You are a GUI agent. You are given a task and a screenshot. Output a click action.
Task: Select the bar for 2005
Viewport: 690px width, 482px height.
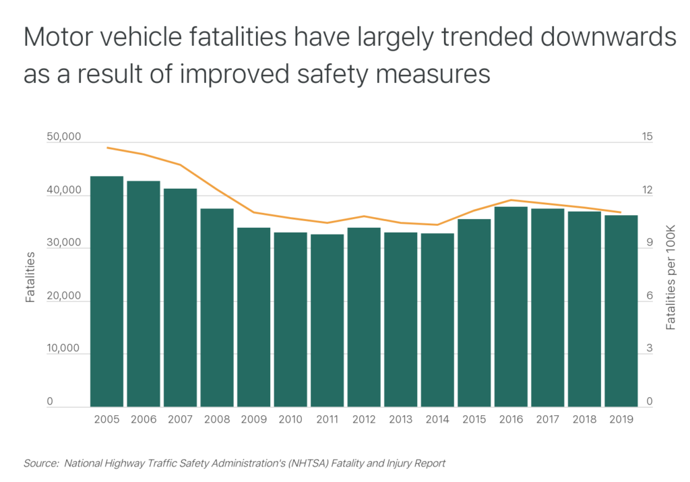pos(106,291)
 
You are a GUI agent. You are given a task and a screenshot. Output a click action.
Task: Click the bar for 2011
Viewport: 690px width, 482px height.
pos(327,320)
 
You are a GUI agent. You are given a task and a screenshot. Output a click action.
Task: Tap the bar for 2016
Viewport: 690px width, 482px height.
pos(511,307)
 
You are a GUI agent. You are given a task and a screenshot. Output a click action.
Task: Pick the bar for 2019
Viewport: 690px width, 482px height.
pos(621,311)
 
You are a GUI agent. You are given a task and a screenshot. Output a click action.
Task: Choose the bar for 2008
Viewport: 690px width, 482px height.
pos(217,307)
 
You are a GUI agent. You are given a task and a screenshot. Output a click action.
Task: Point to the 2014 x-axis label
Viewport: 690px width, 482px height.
pos(437,419)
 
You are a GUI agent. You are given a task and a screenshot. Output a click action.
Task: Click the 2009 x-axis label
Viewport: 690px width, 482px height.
pos(253,419)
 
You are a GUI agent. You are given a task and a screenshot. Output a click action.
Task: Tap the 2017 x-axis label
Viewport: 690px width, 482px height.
pos(547,419)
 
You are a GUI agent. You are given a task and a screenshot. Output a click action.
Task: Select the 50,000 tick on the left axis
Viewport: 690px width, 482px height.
pos(64,137)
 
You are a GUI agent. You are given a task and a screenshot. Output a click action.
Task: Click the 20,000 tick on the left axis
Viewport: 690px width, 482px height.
pos(64,297)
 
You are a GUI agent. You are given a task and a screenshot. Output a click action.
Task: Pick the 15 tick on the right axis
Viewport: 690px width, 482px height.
pos(647,137)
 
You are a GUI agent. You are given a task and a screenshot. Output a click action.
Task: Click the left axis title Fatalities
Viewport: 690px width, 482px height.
pos(30,276)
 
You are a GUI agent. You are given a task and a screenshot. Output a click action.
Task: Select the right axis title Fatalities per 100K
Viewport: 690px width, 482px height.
pos(670,276)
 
